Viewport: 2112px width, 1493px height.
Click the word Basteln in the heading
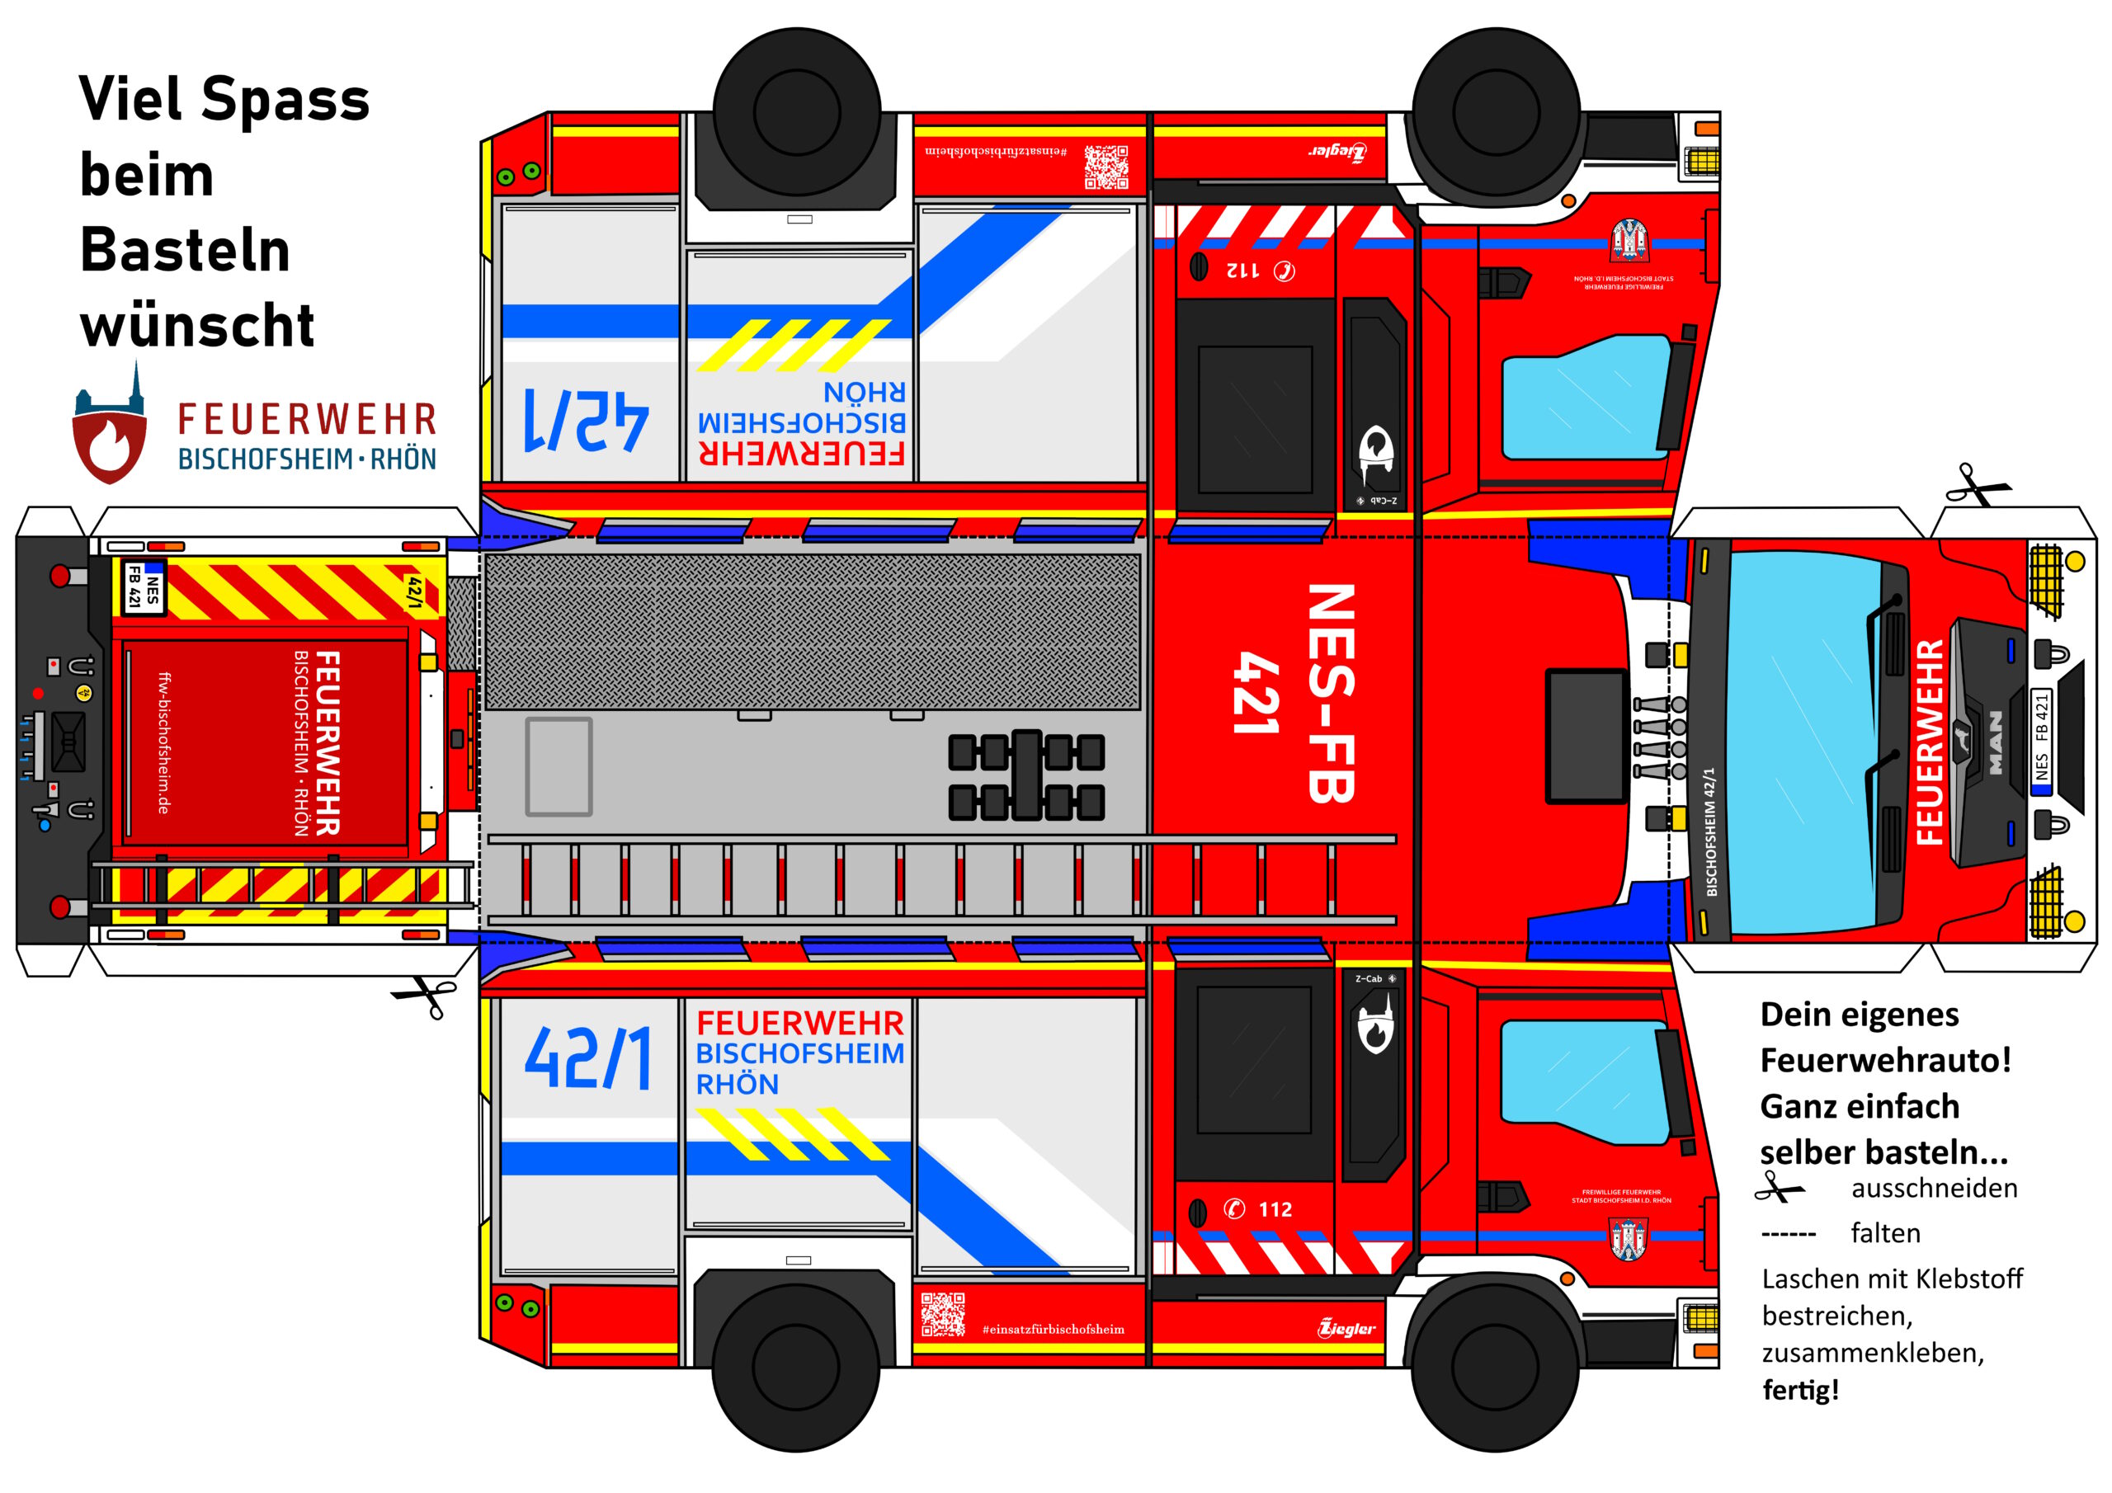coord(185,250)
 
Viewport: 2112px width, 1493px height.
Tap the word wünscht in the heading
coord(197,326)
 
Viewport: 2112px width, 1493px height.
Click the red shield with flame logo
coord(110,445)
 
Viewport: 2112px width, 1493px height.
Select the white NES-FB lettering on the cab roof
coord(1330,694)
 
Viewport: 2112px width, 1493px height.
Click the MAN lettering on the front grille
coord(1995,742)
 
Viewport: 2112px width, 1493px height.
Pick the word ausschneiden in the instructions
coord(1935,1189)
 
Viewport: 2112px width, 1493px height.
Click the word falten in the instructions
coord(1886,1234)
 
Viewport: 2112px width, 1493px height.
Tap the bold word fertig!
coord(1800,1390)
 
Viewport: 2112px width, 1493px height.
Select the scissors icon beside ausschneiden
coord(1779,1189)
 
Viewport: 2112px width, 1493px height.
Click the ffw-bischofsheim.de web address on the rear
coord(163,742)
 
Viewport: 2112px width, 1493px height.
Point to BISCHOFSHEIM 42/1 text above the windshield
coord(1710,831)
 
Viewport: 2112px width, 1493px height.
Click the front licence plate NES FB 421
coord(2041,739)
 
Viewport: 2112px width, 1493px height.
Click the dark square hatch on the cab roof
coord(1586,736)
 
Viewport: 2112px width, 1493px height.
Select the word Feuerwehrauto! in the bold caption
coord(1885,1061)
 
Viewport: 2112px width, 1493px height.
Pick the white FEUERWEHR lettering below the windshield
coord(1929,742)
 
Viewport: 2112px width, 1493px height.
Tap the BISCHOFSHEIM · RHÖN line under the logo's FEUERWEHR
coord(307,459)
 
